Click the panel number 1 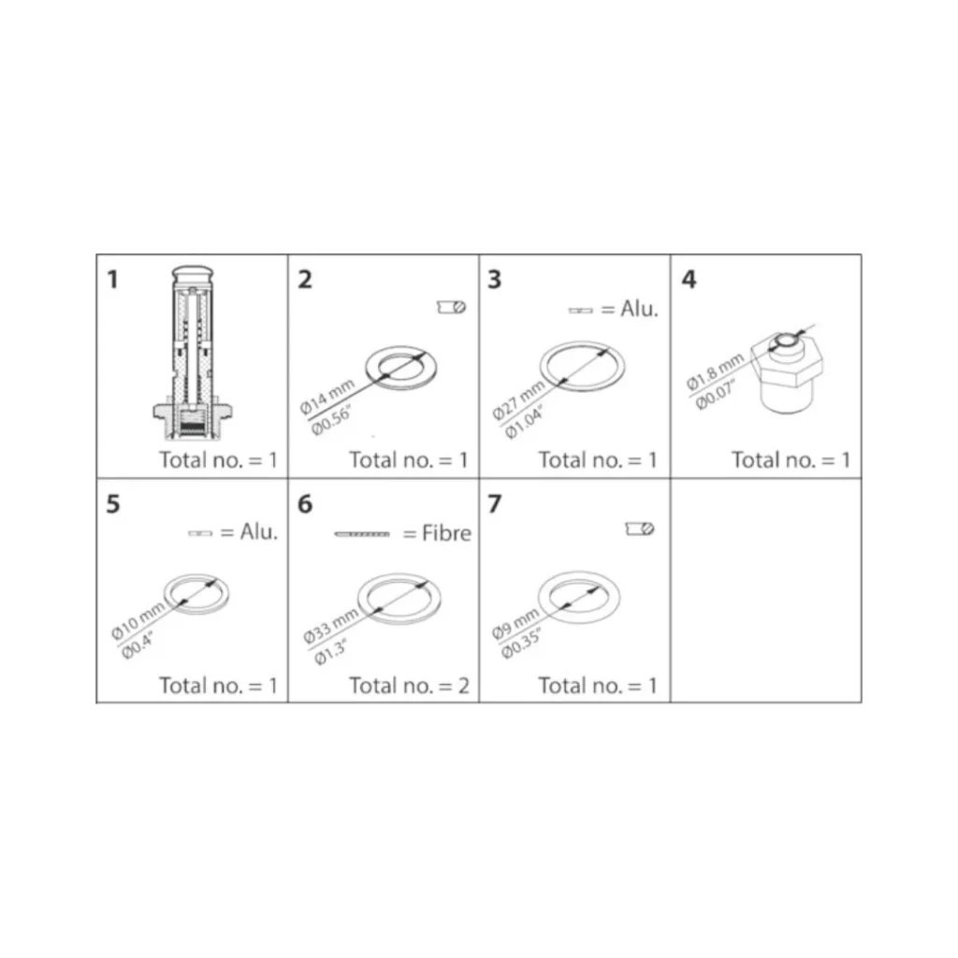coord(112,279)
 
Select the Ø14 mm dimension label coord(327,397)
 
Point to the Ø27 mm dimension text coord(518,399)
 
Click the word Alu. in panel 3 coord(639,309)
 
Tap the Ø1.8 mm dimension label coord(715,370)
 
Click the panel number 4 coord(689,279)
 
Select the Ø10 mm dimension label coord(138,620)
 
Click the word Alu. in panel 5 coord(258,532)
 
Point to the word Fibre coord(446,533)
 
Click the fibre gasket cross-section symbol coord(362,534)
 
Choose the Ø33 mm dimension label coord(330,626)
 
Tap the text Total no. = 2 coord(410,686)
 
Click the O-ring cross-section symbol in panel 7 coord(640,529)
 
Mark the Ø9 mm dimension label coord(515,623)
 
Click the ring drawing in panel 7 coord(578,599)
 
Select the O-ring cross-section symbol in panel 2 coord(452,307)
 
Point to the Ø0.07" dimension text coord(716,395)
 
